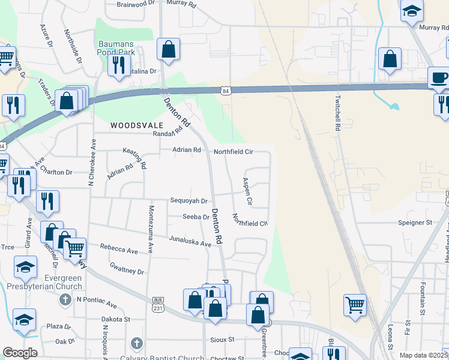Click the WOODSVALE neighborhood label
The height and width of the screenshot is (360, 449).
(x=137, y=125)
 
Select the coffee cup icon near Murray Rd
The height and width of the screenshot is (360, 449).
(x=438, y=78)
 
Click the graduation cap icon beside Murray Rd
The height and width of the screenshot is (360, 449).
(x=412, y=12)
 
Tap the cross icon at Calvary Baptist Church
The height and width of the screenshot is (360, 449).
(x=136, y=344)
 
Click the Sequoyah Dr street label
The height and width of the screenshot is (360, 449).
(x=188, y=201)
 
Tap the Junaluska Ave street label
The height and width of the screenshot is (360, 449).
(x=190, y=241)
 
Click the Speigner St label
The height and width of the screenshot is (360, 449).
(x=415, y=222)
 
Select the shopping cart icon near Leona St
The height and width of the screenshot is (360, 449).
(x=355, y=305)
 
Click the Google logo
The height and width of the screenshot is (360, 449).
(x=20, y=353)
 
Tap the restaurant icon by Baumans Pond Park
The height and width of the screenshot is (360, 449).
(x=119, y=65)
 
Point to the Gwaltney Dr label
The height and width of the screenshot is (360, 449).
(x=127, y=268)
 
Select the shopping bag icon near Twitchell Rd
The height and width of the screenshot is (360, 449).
(x=390, y=60)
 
